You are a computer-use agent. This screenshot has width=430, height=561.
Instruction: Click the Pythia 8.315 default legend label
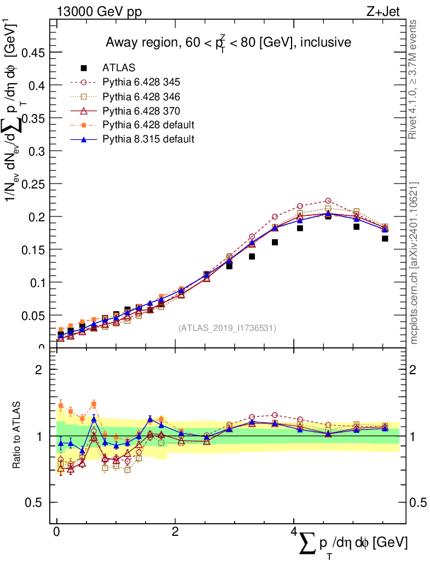coord(148,140)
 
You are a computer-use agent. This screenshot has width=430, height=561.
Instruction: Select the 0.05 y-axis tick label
coord(33,316)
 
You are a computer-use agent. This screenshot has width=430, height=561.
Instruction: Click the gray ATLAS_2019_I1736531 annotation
coord(227,328)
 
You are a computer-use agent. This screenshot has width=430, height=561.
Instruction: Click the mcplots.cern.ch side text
coord(414,263)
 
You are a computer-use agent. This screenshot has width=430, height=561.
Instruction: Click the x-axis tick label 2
coord(175,532)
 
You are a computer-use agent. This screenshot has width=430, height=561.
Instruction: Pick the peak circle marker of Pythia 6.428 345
coord(328,201)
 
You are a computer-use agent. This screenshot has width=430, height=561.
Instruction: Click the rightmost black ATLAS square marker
coord(385,238)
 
